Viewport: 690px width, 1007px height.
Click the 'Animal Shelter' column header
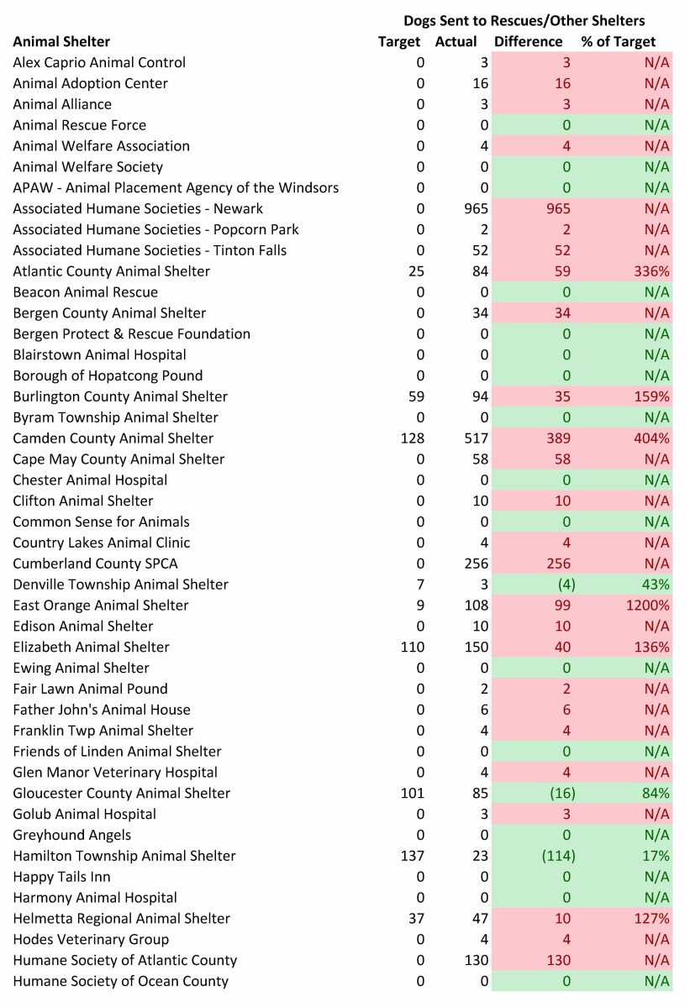click(x=61, y=41)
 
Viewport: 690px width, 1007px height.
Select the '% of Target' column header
click(x=618, y=41)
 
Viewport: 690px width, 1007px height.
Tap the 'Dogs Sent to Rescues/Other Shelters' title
click(x=524, y=20)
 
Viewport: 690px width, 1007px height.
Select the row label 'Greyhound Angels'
click(x=72, y=835)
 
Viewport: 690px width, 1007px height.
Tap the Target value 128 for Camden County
click(x=413, y=438)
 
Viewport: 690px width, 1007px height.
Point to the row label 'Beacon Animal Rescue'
click(x=86, y=292)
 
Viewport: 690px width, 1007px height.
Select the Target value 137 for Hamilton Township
click(x=413, y=856)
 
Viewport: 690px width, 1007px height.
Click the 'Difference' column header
click(x=528, y=41)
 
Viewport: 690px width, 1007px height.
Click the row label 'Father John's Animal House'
click(x=102, y=710)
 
